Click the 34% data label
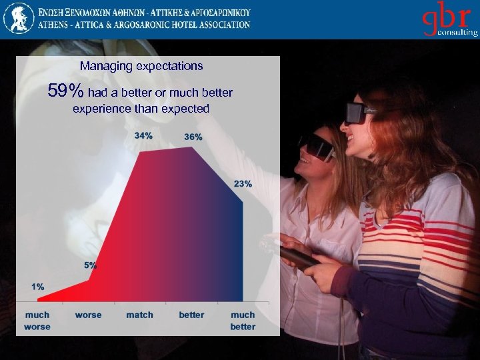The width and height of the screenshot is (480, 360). click(143, 135)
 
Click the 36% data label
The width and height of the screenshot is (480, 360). click(193, 137)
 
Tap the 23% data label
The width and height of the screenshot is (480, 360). click(243, 183)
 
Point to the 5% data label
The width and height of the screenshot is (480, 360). click(90, 265)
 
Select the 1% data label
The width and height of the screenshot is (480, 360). click(38, 287)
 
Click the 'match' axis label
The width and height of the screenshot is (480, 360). click(139, 315)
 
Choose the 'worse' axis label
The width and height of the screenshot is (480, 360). click(88, 315)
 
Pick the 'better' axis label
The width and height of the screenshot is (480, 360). click(191, 315)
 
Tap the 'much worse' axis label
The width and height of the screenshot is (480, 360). click(37, 321)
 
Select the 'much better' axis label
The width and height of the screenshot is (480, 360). click(243, 321)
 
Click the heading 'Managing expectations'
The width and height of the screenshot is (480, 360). click(141, 67)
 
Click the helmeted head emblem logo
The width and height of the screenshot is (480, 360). click(19, 18)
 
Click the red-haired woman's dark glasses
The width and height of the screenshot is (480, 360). click(359, 113)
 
